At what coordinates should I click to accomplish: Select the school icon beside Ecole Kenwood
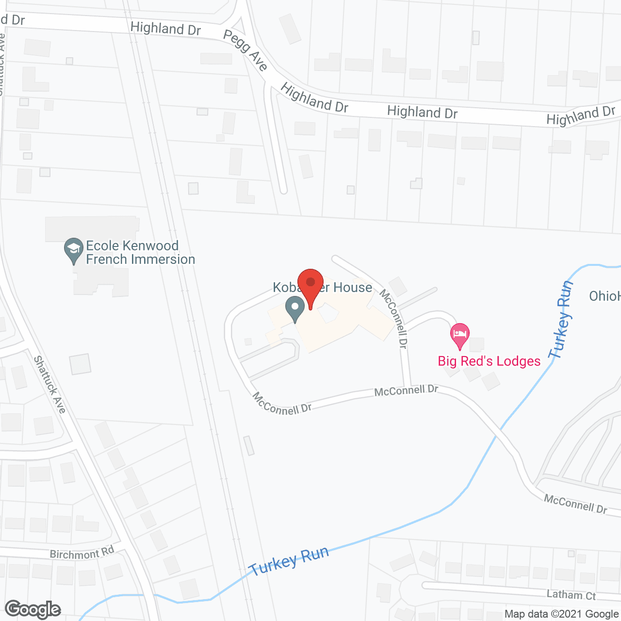coord(73,249)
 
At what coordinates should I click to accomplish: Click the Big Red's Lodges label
coord(489,361)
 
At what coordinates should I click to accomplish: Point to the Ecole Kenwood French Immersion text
coord(140,252)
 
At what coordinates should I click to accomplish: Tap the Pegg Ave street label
coord(245,50)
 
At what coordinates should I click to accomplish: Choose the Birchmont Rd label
coord(82,553)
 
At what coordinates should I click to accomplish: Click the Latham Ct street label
coord(571,595)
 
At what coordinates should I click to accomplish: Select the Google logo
coord(33,609)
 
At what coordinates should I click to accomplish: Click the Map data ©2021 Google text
coord(561,614)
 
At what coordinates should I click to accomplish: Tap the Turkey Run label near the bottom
coord(289,561)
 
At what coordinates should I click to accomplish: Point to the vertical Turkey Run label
coord(562,320)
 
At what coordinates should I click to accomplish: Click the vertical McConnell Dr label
coord(393,318)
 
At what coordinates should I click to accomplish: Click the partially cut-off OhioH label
coord(605,296)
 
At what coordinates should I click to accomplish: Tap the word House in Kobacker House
coord(352,288)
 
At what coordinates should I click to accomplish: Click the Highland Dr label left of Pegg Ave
coord(165,29)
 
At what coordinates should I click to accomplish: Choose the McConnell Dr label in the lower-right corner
coord(575,504)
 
